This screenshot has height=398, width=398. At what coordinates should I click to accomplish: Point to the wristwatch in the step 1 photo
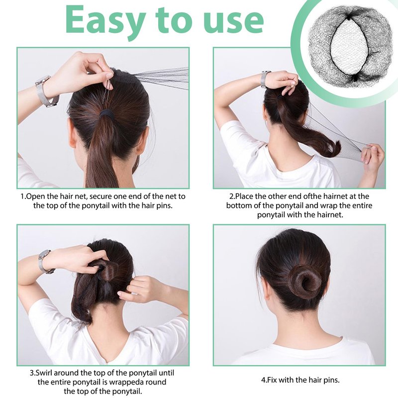point(46,92)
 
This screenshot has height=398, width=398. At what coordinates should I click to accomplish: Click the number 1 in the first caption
point(22,197)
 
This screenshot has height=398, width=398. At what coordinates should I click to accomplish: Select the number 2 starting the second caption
point(231,197)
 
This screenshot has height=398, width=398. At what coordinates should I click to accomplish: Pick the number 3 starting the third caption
point(32,373)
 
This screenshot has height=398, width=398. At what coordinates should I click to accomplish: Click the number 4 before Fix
point(263,380)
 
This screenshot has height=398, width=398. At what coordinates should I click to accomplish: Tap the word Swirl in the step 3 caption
point(44,373)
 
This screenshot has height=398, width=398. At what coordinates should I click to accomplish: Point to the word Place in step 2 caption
point(245,197)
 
